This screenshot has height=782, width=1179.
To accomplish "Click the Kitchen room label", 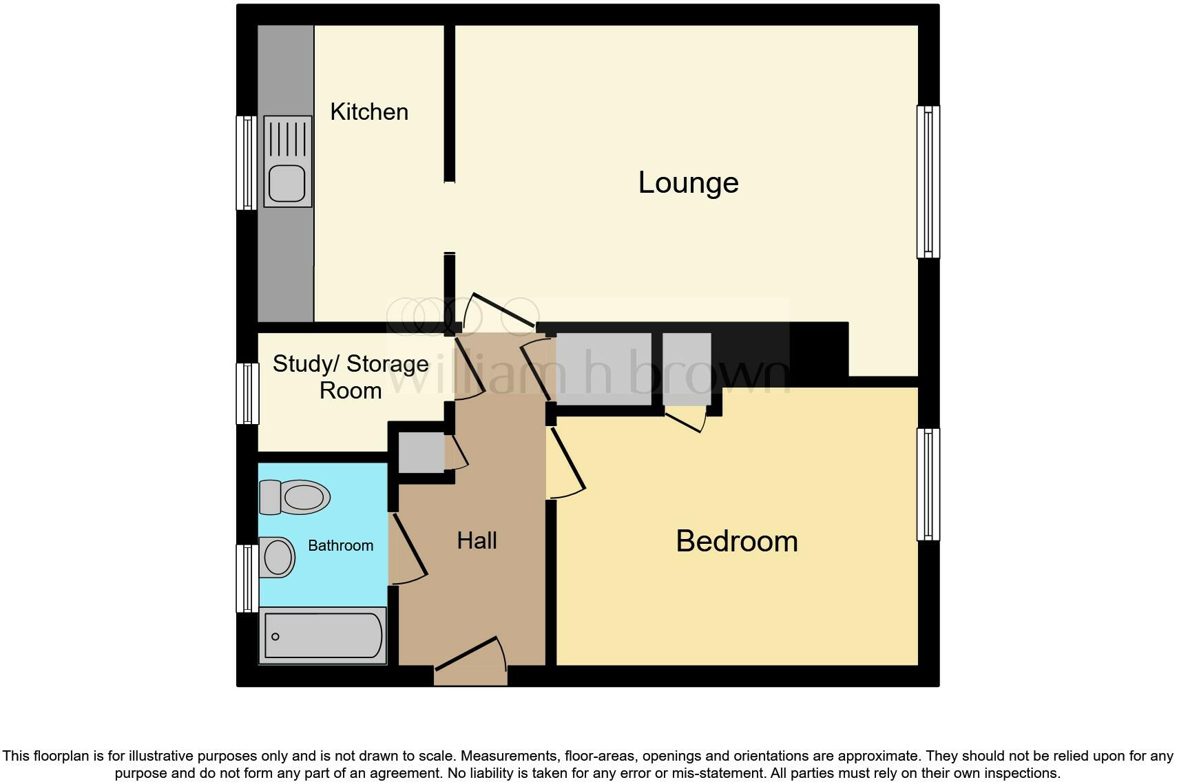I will (369, 112).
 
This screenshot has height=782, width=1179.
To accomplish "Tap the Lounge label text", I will (688, 182).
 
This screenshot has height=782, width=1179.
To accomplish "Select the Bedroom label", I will (736, 541).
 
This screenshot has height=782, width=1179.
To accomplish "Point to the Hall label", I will (477, 541).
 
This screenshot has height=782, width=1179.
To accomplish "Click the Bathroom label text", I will (340, 546).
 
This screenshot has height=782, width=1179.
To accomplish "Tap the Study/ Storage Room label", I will (351, 377).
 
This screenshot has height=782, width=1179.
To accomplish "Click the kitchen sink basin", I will (287, 183).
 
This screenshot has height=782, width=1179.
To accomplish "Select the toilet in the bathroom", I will (295, 497).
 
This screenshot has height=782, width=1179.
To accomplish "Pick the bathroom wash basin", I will (278, 557).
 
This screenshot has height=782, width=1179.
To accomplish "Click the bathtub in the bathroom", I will (322, 635).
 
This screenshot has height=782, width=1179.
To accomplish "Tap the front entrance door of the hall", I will (470, 657).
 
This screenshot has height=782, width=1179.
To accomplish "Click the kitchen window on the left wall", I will (246, 162).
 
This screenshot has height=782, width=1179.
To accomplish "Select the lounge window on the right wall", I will (928, 182).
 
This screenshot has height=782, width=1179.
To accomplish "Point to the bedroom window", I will (928, 484).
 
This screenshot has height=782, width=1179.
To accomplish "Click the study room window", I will (247, 393).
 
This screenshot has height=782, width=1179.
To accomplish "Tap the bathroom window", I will (247, 578).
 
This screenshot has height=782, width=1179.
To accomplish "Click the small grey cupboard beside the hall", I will (421, 452).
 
